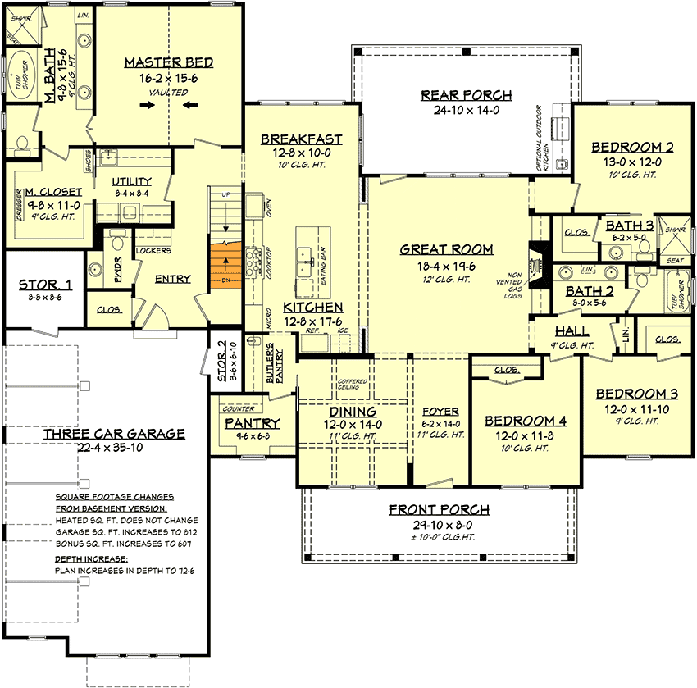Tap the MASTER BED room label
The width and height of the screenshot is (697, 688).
point(169,62)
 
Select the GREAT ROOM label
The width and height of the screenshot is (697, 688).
point(447,249)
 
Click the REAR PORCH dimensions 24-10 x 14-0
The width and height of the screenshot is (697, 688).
point(466,111)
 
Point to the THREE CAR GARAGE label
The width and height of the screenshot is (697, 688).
point(114,434)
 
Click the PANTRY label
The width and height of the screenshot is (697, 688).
point(253,423)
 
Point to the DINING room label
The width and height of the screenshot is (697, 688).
point(353,411)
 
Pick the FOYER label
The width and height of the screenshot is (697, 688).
point(440,411)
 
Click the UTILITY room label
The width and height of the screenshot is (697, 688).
point(131,181)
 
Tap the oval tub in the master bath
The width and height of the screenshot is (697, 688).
point(17,78)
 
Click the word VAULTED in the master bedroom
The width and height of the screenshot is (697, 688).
point(169,93)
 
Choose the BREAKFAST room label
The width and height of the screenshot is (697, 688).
point(300,139)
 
